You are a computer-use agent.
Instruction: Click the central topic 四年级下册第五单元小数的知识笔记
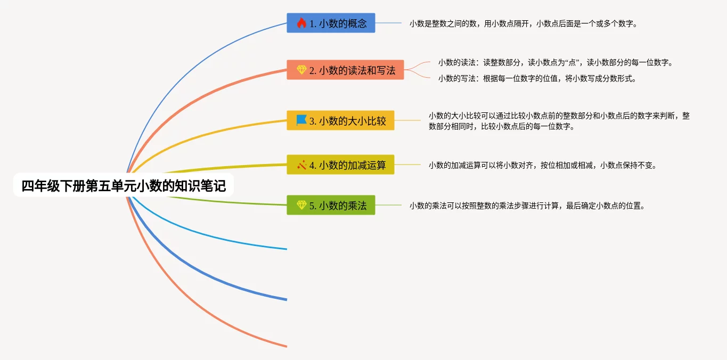click(124, 186)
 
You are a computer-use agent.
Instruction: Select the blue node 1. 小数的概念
click(331, 23)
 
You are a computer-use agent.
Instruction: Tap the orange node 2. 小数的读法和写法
click(345, 70)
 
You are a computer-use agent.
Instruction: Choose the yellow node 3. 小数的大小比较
click(340, 120)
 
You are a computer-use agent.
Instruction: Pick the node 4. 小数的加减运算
click(340, 165)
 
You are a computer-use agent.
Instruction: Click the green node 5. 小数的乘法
click(331, 205)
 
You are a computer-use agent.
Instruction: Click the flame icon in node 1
click(301, 23)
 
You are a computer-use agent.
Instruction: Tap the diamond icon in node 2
click(301, 69)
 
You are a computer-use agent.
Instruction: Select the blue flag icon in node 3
click(301, 120)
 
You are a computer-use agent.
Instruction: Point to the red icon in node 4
click(301, 165)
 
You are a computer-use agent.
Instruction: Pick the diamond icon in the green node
click(301, 205)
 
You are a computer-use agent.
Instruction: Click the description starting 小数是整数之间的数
click(523, 23)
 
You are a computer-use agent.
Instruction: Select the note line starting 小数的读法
click(556, 62)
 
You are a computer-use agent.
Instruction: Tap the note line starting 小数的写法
click(537, 79)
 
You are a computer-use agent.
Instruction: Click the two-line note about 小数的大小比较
click(559, 121)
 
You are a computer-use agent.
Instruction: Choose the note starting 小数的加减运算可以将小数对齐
click(543, 165)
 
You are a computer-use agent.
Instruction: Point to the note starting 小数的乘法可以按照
click(527, 206)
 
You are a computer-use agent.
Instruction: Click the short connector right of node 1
click(388, 23)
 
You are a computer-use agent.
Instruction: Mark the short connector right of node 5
click(388, 205)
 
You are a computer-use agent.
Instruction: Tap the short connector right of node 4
click(407, 165)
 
